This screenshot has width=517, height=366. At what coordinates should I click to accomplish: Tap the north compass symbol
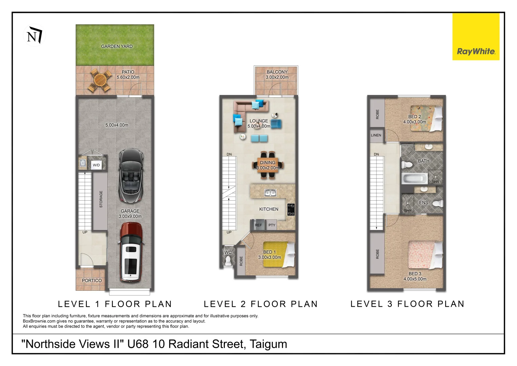tap(35, 35)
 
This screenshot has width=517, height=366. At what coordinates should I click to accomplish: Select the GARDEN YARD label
tap(117, 46)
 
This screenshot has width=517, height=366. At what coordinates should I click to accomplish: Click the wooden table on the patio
tap(100, 80)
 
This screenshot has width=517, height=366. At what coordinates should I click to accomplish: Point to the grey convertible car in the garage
tap(131, 175)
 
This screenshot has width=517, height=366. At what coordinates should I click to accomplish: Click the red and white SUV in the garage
tap(131, 252)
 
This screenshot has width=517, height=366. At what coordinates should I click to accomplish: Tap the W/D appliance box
tap(96, 165)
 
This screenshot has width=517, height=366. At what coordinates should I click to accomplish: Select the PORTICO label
tap(91, 281)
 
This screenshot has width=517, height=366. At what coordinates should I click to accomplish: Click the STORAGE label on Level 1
tap(101, 199)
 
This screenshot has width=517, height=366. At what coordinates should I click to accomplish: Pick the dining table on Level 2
tap(268, 165)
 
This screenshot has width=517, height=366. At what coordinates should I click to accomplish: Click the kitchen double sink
tap(270, 193)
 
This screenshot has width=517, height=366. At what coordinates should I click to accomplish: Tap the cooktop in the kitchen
tap(291, 209)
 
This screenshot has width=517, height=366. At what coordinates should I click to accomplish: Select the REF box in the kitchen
tap(258, 225)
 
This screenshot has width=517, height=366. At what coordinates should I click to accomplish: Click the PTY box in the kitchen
tap(272, 225)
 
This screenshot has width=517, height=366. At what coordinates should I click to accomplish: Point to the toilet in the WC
tap(228, 260)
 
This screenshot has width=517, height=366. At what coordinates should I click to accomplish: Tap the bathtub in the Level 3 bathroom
tap(415, 178)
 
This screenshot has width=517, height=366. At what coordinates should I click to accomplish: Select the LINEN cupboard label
tap(376, 135)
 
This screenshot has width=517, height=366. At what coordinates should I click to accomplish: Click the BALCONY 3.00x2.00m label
tap(277, 75)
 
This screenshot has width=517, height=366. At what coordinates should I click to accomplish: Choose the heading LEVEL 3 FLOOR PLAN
tap(407, 304)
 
